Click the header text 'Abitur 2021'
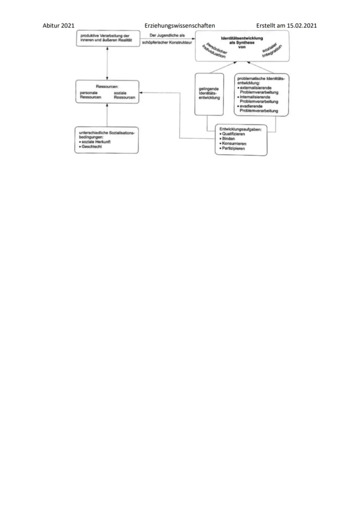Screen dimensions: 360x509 pos(58,26)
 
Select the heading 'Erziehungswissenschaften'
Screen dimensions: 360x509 pos(180,26)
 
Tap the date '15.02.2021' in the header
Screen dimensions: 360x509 pos(302,26)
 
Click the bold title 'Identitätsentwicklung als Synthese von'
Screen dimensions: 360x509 pos(242,43)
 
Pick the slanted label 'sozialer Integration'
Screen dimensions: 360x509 pos(272,51)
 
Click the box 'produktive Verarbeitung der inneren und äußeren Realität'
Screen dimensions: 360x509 pos(108,38)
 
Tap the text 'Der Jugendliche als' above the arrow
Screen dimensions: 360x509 pos(167,35)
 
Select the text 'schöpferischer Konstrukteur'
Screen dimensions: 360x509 pos(167,42)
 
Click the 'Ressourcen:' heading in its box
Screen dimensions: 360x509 pos(107,86)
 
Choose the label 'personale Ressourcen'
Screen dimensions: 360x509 pos(90,95)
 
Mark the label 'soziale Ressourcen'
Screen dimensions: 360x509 pos(124,95)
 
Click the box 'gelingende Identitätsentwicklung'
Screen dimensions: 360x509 pos(209,94)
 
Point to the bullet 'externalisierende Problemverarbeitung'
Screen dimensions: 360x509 pos(258,90)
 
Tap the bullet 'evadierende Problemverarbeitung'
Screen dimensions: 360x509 pos(258,108)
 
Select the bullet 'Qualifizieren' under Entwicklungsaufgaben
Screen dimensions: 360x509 pos(232,134)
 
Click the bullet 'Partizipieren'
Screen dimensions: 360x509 pos(232,148)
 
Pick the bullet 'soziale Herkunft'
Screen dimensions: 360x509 pos(95,142)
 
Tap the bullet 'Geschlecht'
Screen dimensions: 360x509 pos(90,146)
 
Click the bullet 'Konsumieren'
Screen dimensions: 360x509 pos(233,143)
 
